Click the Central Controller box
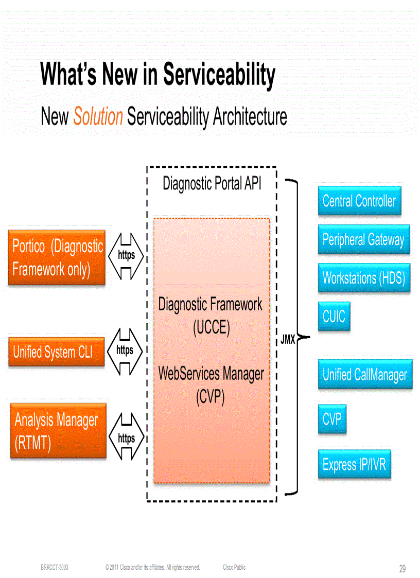(359, 201)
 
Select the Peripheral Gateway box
(363, 239)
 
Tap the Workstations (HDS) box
(363, 278)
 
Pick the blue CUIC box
(334, 316)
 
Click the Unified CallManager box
(364, 374)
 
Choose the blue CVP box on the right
(332, 419)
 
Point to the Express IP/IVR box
(354, 465)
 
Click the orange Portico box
(57, 258)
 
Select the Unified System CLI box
(56, 352)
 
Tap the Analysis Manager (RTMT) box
(58, 431)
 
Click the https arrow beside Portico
(126, 256)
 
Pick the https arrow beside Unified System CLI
(125, 351)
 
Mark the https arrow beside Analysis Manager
(126, 439)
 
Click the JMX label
(287, 340)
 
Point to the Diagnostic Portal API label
(212, 183)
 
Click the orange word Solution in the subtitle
(98, 116)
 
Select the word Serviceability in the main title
(219, 75)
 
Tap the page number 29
(402, 569)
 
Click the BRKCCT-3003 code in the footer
(55, 567)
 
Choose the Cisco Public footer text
(234, 567)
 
